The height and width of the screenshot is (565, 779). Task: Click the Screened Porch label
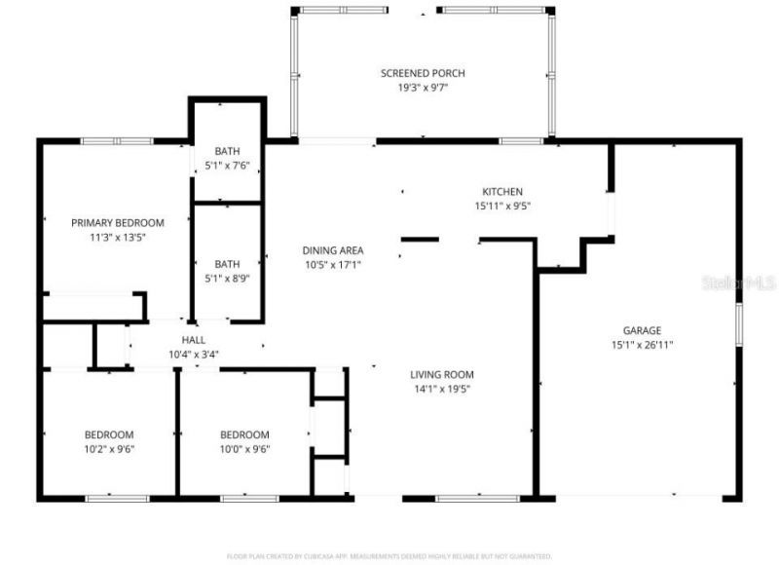[422, 73]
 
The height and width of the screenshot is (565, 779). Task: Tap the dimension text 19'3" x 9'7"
[422, 87]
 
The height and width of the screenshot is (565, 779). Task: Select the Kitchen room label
[502, 192]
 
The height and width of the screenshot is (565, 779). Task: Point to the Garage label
[642, 330]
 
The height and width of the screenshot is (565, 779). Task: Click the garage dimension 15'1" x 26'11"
[642, 344]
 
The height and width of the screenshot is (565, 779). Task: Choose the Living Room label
[442, 374]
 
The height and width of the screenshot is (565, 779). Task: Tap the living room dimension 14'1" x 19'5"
[442, 389]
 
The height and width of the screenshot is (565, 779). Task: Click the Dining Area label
[333, 250]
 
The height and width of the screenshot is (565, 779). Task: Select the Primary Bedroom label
[118, 222]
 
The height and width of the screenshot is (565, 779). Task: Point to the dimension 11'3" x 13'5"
[118, 237]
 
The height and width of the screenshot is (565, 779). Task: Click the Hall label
[193, 340]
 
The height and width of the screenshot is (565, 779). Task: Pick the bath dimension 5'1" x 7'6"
[227, 165]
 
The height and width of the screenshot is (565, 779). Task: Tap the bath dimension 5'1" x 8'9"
[227, 278]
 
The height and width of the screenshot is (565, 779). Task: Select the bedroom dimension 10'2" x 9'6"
[108, 449]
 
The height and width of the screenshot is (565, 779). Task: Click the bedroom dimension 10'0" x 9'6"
[244, 449]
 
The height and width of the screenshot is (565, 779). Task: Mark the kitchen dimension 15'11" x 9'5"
[502, 206]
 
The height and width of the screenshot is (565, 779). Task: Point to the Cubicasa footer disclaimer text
[389, 556]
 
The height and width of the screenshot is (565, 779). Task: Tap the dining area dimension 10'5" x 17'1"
[333, 264]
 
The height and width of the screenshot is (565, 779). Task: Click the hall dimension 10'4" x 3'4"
[193, 355]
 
